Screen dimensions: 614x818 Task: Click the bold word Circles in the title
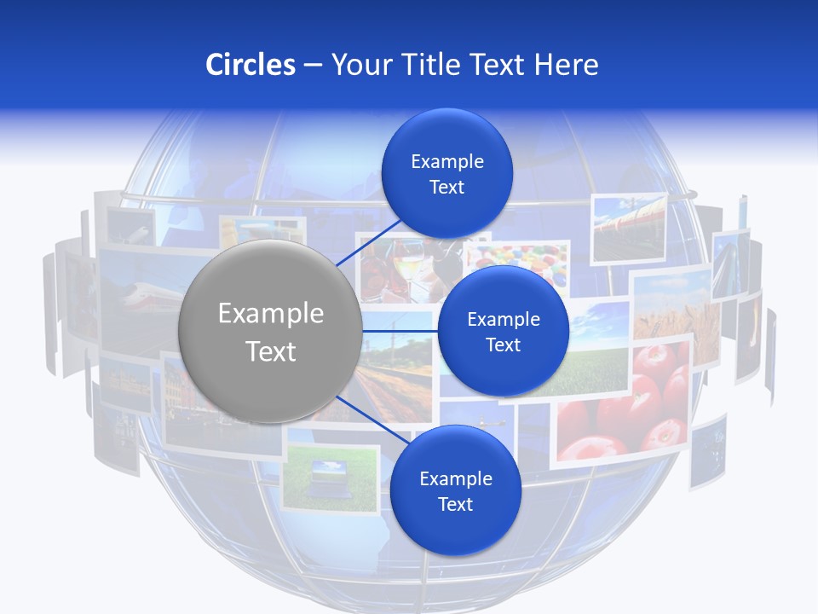251,65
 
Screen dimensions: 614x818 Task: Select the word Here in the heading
567,65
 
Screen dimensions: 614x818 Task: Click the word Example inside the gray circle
271,314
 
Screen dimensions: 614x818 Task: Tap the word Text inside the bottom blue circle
455,504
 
